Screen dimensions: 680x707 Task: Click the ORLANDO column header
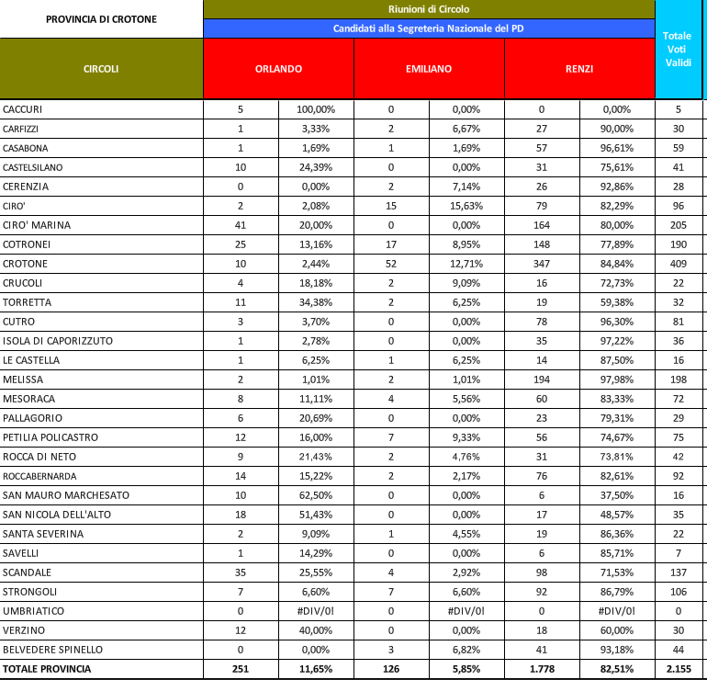[x=278, y=69]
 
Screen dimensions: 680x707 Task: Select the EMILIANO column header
[x=429, y=69]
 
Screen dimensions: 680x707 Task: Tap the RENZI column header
[x=579, y=69]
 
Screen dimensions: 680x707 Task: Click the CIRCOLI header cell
[x=101, y=69]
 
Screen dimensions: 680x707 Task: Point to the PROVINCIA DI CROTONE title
[x=102, y=18]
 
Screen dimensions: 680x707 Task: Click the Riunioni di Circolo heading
[x=429, y=9]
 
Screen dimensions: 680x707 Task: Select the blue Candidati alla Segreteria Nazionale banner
[x=429, y=28]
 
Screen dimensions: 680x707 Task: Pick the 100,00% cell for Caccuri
[x=316, y=109]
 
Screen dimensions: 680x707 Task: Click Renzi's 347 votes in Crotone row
[x=542, y=264]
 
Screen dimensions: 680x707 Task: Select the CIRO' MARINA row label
[x=37, y=225]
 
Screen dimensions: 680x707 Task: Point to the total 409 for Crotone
[x=678, y=264]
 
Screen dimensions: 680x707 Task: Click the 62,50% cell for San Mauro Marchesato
[x=316, y=495]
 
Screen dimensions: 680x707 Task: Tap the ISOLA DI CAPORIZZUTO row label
[x=58, y=341]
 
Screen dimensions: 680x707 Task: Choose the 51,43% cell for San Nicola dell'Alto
[x=316, y=515]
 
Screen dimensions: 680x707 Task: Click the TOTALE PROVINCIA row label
[x=47, y=669]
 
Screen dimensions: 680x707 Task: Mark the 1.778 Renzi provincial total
[x=542, y=669]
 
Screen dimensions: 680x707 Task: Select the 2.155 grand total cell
[x=678, y=669]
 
